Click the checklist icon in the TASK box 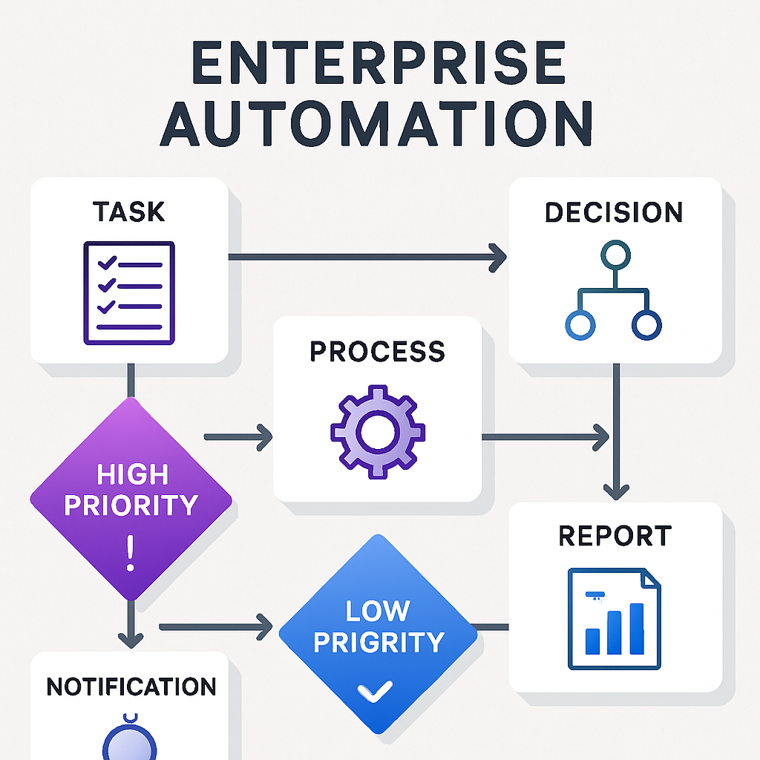[x=128, y=292]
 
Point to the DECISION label [x=614, y=212]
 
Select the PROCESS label [x=377, y=351]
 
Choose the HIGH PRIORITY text [x=131, y=490]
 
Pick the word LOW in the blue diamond [x=377, y=611]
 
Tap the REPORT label [x=615, y=535]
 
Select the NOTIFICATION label [x=131, y=687]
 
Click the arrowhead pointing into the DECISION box [x=496, y=257]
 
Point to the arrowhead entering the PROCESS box [x=263, y=437]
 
